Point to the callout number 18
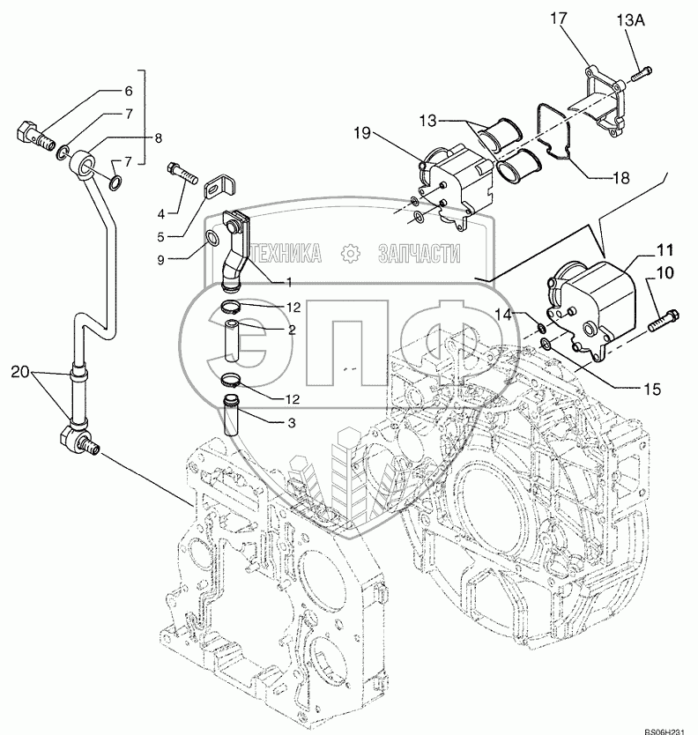[622, 177]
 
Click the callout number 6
[127, 91]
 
